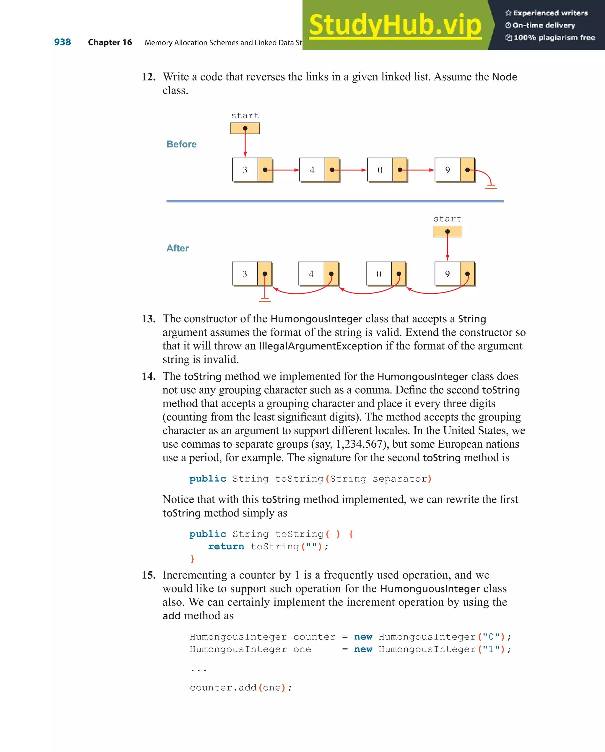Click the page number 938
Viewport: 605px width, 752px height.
62,42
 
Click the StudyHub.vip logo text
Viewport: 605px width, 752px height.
395,25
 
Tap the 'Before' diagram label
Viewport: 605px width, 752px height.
181,144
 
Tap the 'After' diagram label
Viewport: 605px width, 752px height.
178,248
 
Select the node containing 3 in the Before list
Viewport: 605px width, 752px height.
245,170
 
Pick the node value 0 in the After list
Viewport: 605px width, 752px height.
379,274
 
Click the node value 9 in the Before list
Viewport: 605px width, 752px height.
447,170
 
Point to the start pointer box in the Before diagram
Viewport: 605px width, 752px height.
245,128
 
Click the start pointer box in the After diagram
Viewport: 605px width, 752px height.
447,232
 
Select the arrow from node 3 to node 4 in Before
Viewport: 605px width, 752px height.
284,170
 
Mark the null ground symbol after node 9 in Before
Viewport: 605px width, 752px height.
491,186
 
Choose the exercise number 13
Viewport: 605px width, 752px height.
149,319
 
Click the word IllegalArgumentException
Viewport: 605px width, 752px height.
321,346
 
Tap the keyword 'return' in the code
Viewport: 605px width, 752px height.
226,547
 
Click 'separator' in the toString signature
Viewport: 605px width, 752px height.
400,479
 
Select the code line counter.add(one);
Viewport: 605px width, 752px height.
240,688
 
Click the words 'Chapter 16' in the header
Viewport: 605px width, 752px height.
110,42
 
